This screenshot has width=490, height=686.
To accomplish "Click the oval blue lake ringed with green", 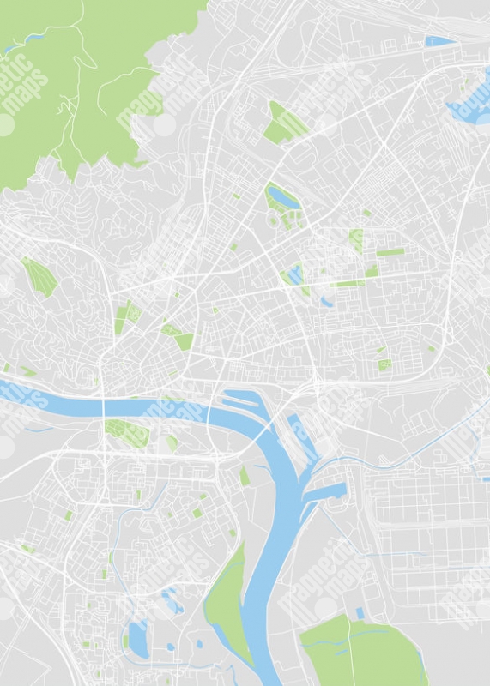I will pyautogui.click(x=280, y=197).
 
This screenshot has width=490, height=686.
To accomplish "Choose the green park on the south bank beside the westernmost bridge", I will pyautogui.click(x=126, y=432).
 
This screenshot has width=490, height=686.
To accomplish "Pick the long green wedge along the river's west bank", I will pyautogui.click(x=225, y=600).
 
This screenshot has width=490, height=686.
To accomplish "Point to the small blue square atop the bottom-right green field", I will pyautogui.click(x=360, y=612).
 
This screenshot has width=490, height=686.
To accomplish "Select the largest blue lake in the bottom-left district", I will pyautogui.click(x=138, y=635).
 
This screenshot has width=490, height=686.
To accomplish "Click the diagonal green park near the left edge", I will pyautogui.click(x=38, y=276).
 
